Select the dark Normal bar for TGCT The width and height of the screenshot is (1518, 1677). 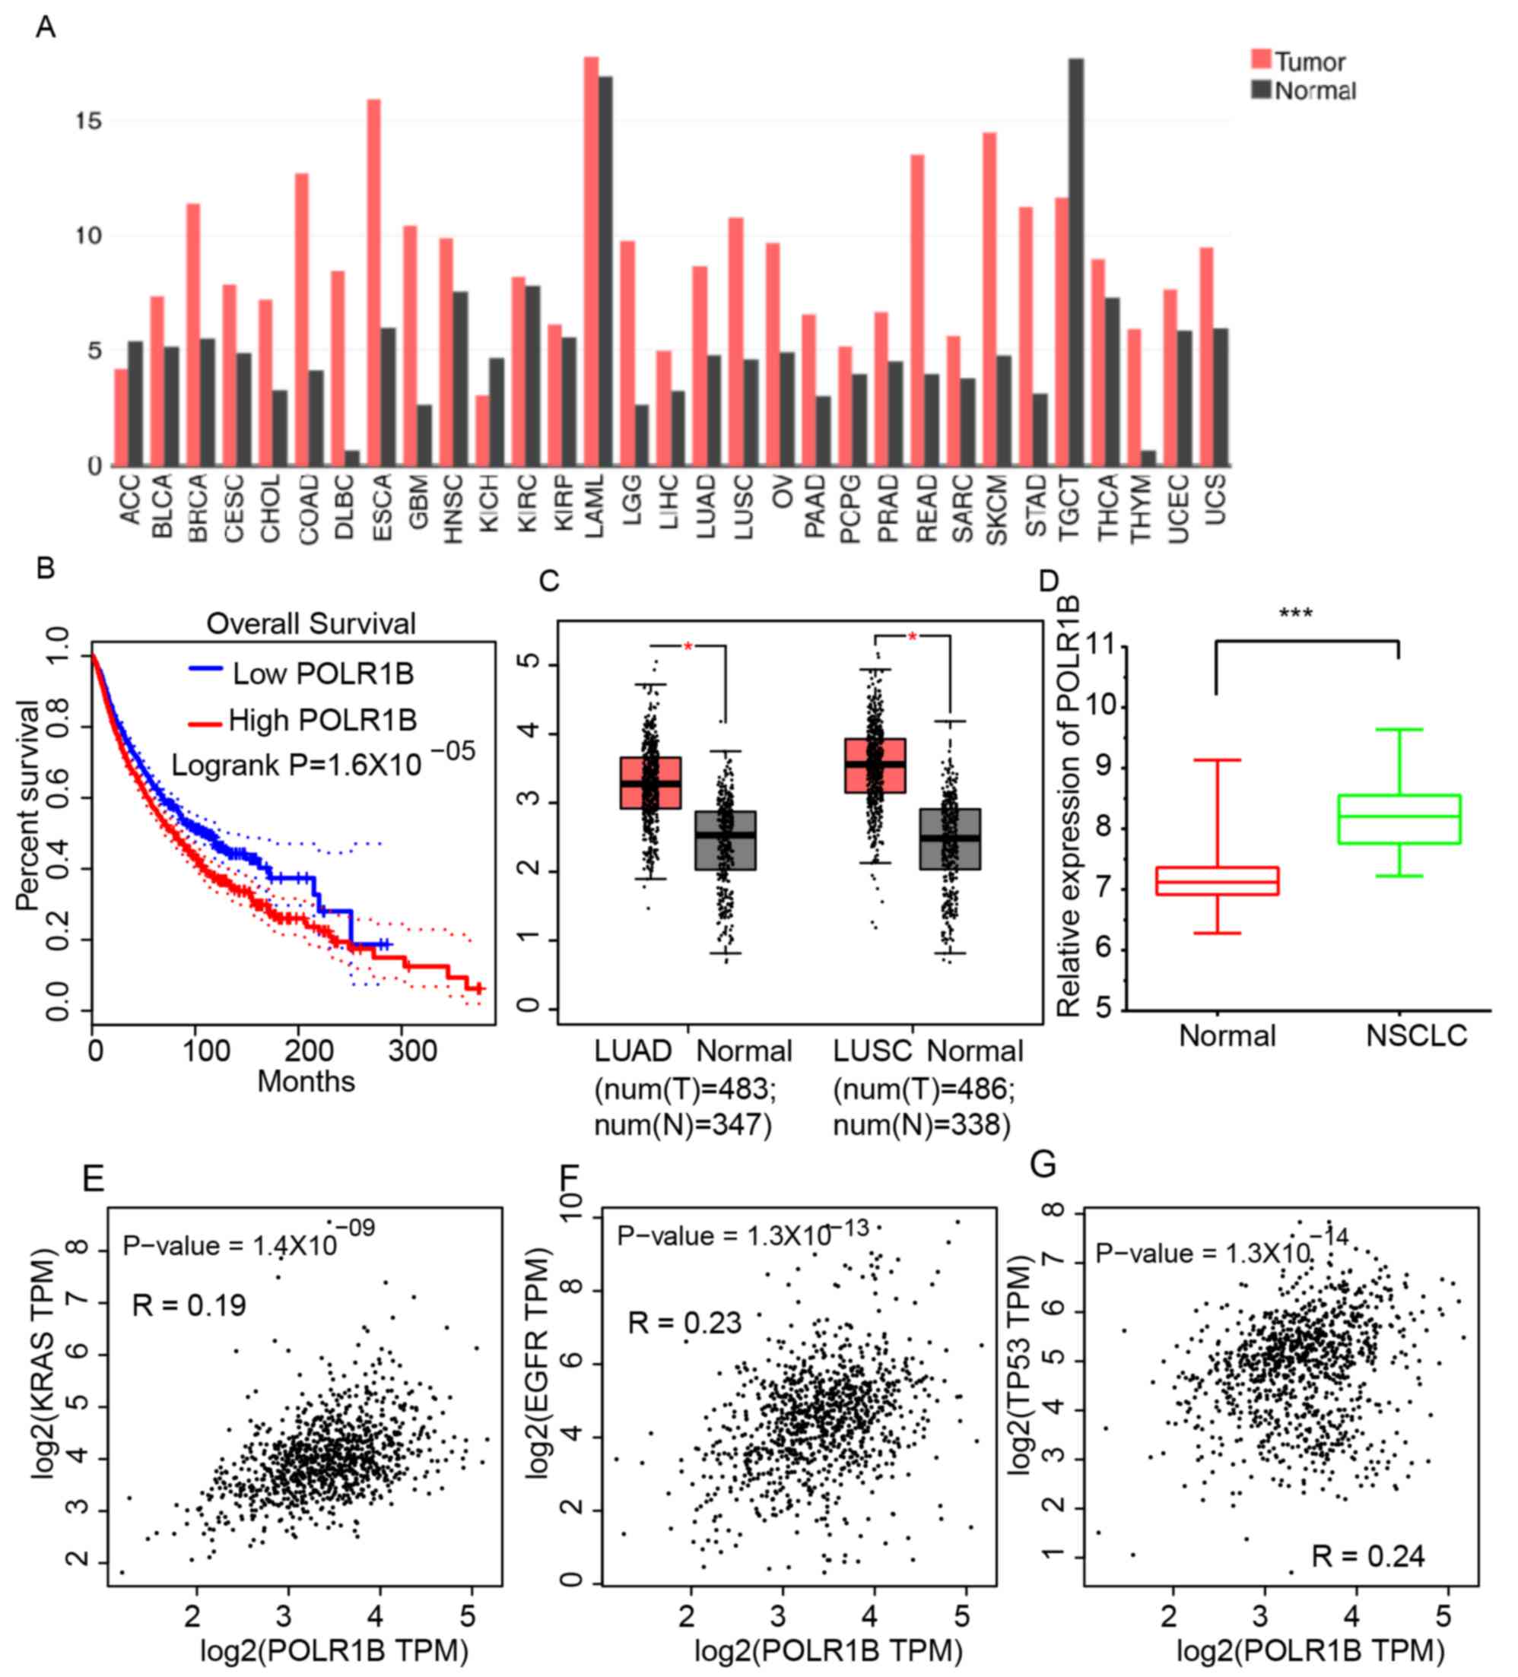coord(1075,262)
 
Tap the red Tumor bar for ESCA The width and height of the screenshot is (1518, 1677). coord(373,283)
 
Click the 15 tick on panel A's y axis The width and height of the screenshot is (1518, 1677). coord(88,122)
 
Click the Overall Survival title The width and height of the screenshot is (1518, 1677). coord(310,624)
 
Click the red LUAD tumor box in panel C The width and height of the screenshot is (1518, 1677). coord(651,783)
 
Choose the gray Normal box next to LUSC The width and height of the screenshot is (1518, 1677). coord(950,838)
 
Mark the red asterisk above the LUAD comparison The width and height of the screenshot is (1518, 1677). coord(688,647)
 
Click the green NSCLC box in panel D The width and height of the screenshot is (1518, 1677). coord(1399,819)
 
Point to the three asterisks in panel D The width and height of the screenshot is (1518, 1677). coord(1296,614)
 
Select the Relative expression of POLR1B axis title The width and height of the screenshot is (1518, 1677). coord(1069,806)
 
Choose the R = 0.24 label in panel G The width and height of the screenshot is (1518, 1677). coord(1367,1555)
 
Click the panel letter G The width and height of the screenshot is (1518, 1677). coord(1043,1164)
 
